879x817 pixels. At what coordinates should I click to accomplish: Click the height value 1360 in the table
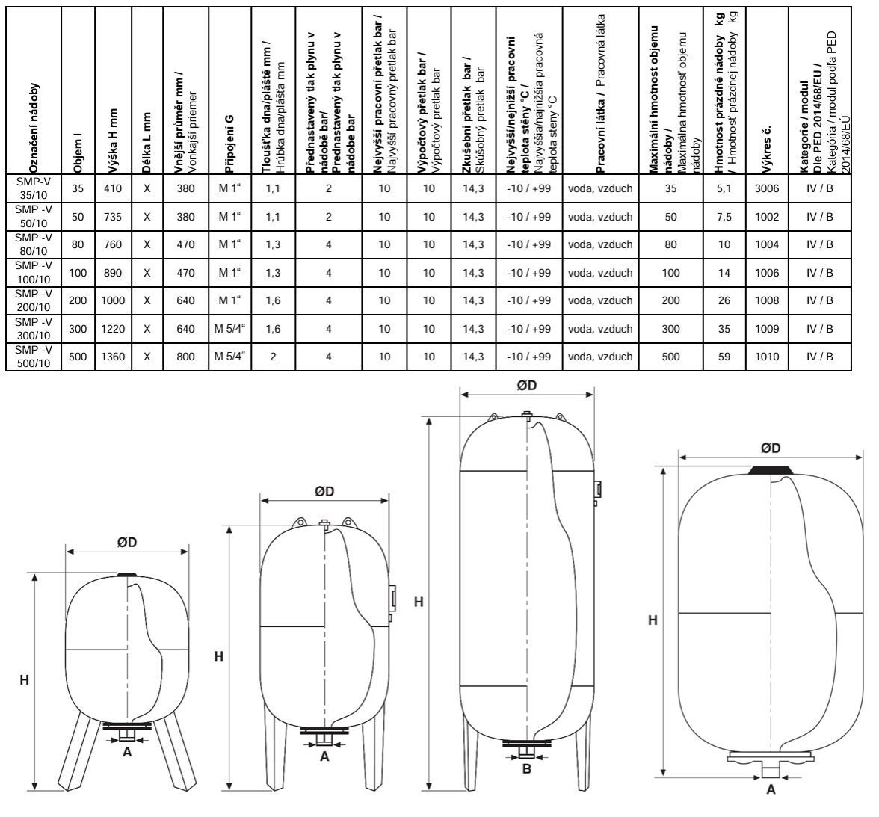113,357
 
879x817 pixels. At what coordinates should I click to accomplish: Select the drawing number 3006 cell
767,188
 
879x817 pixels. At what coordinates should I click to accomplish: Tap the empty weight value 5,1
724,188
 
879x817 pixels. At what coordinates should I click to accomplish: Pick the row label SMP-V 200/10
33,300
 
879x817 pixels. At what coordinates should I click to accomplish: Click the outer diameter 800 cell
185,357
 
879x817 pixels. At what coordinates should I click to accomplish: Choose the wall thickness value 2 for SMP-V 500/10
273,357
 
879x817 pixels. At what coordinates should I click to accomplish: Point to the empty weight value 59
724,357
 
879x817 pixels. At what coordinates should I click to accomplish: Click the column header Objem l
78,152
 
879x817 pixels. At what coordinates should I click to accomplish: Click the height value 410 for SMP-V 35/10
113,188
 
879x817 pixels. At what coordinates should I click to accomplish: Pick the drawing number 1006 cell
767,273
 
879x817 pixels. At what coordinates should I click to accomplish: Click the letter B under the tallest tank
526,768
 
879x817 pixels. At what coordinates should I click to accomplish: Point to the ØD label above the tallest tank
526,385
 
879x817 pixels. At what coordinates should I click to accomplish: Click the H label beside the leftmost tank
24,680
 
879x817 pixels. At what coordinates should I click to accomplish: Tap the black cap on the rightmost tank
771,470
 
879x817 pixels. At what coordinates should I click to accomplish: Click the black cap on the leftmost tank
127,574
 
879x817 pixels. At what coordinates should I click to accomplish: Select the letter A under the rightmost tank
771,789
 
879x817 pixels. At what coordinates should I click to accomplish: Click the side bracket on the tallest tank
597,490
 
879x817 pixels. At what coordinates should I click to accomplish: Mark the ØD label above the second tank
324,492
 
